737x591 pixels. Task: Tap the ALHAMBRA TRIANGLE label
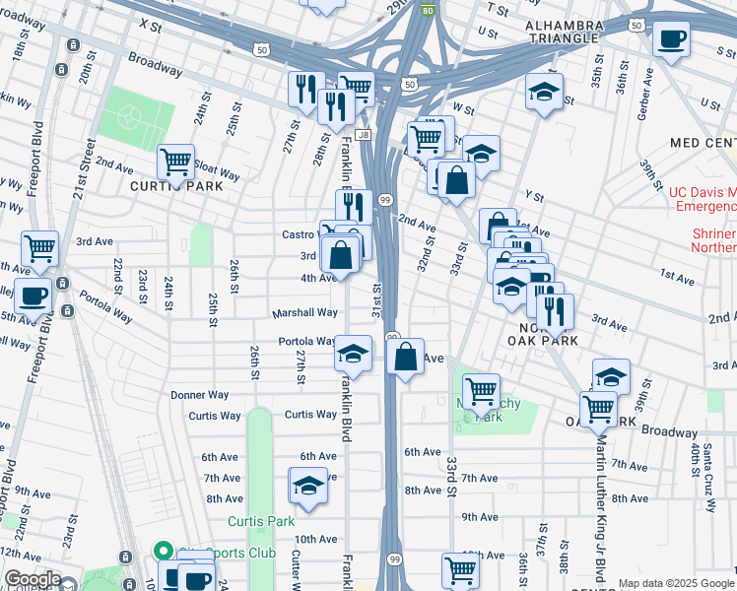(562, 31)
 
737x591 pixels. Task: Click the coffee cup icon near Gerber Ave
(671, 39)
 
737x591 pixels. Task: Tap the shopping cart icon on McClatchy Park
(481, 391)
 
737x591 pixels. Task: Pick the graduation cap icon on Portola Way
(353, 353)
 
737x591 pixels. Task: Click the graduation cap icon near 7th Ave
(307, 485)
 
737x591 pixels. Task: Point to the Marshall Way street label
(305, 313)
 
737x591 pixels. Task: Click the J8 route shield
(364, 134)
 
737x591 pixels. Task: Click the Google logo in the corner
(32, 579)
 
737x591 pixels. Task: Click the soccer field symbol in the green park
(128, 119)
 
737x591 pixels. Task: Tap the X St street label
(150, 23)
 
